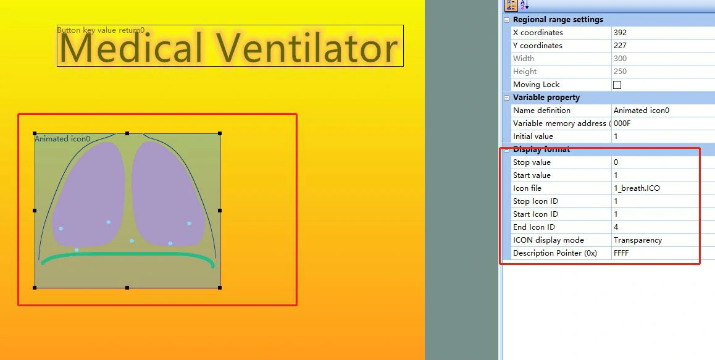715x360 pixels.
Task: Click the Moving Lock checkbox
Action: [x=617, y=85]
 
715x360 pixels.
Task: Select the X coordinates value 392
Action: [x=620, y=33]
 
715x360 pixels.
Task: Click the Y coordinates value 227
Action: [x=620, y=46]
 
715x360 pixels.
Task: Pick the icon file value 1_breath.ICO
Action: [x=637, y=188]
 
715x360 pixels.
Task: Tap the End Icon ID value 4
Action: [x=616, y=227]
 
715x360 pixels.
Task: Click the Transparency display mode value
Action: [x=638, y=240]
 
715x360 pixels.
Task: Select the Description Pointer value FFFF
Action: [x=621, y=253]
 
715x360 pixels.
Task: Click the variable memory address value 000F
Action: [x=622, y=123]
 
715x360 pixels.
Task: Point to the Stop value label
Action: [x=532, y=162]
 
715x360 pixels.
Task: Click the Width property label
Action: [x=524, y=59]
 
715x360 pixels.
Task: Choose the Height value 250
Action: [x=620, y=72]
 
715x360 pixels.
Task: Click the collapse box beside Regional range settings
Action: [x=506, y=20]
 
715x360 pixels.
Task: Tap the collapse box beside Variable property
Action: [x=506, y=98]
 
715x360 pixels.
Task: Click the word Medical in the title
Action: [x=131, y=48]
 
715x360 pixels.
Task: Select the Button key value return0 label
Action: [x=101, y=31]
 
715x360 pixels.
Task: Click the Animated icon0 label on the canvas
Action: [x=62, y=139]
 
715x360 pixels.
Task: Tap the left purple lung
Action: [x=89, y=194]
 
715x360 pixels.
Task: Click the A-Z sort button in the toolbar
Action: [x=524, y=5]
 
